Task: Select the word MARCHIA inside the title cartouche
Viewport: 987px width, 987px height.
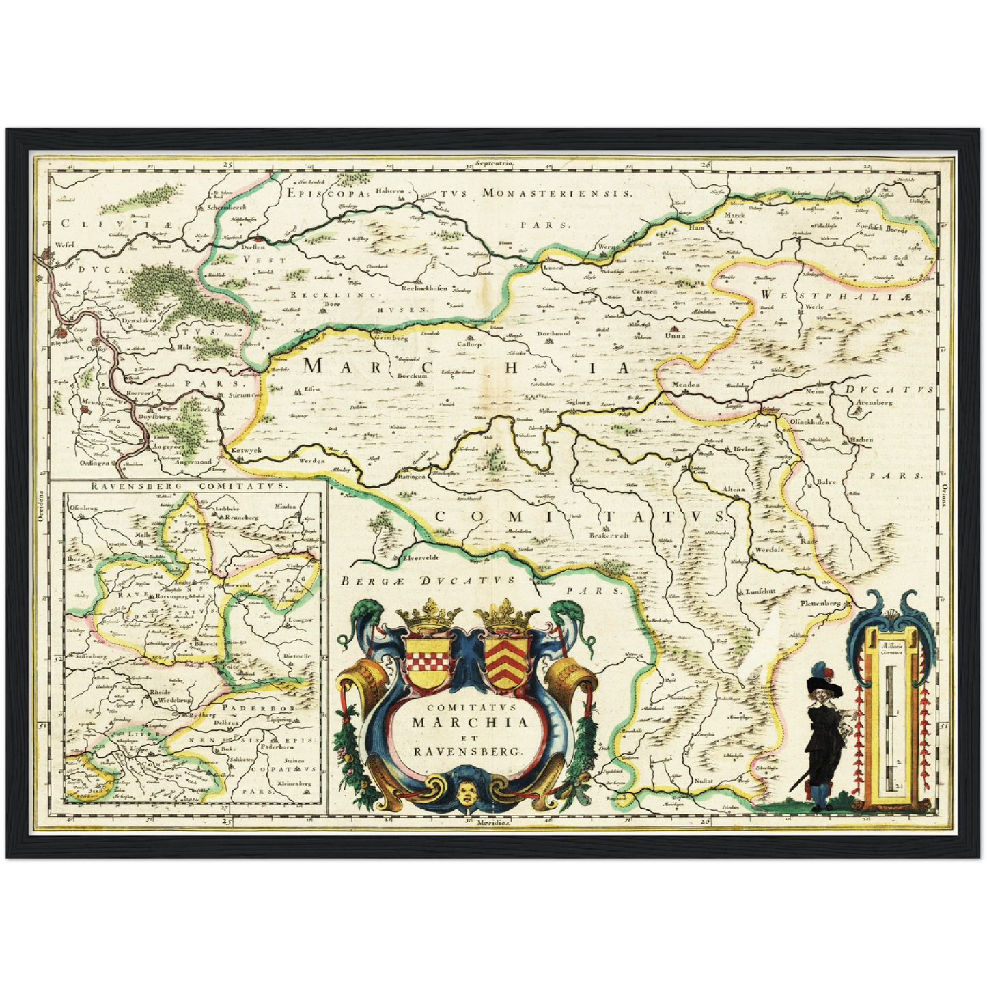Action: point(470,722)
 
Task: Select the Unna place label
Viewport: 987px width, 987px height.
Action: point(675,336)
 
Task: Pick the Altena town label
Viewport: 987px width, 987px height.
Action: point(734,490)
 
